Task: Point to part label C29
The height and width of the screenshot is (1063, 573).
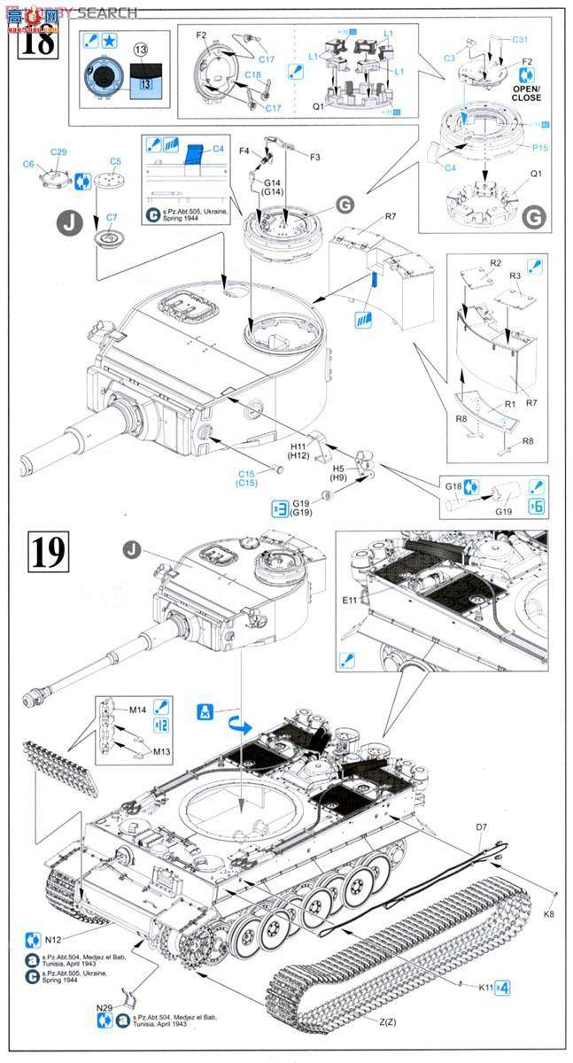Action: (58, 152)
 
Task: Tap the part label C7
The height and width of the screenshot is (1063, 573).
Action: (112, 217)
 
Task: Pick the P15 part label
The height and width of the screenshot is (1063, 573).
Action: (537, 148)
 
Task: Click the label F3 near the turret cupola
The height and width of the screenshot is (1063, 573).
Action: (314, 157)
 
